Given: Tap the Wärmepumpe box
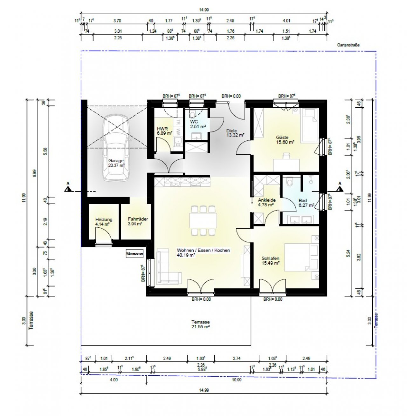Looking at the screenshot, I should click(x=135, y=254).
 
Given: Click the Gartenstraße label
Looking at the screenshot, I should click(x=348, y=45).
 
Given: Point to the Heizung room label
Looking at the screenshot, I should click(x=104, y=222).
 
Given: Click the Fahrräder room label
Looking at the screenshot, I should click(x=138, y=221).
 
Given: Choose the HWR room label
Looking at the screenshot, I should click(x=164, y=131).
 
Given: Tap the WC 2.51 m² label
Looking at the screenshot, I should click(x=198, y=124).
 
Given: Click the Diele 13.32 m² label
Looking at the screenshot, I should click(x=235, y=133).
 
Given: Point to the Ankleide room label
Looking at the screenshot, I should click(x=266, y=202).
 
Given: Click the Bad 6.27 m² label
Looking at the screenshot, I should click(x=306, y=203).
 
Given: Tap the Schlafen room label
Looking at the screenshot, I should click(x=270, y=261).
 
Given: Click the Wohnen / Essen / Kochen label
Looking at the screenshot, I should click(x=203, y=252).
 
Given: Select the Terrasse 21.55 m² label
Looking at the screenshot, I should click(x=200, y=324).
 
